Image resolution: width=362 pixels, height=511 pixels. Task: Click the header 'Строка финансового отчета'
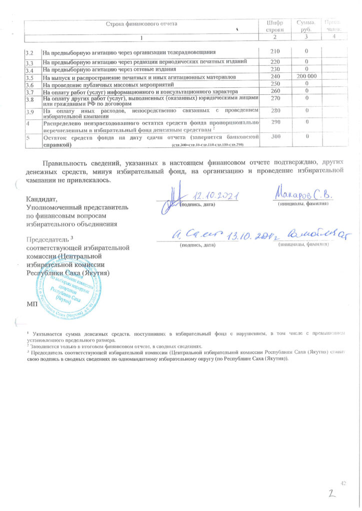(141, 23)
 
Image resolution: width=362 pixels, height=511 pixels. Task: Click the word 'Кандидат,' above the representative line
(40, 198)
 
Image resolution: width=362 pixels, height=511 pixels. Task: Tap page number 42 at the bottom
(343, 483)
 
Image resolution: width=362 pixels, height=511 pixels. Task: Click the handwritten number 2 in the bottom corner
(330, 495)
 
